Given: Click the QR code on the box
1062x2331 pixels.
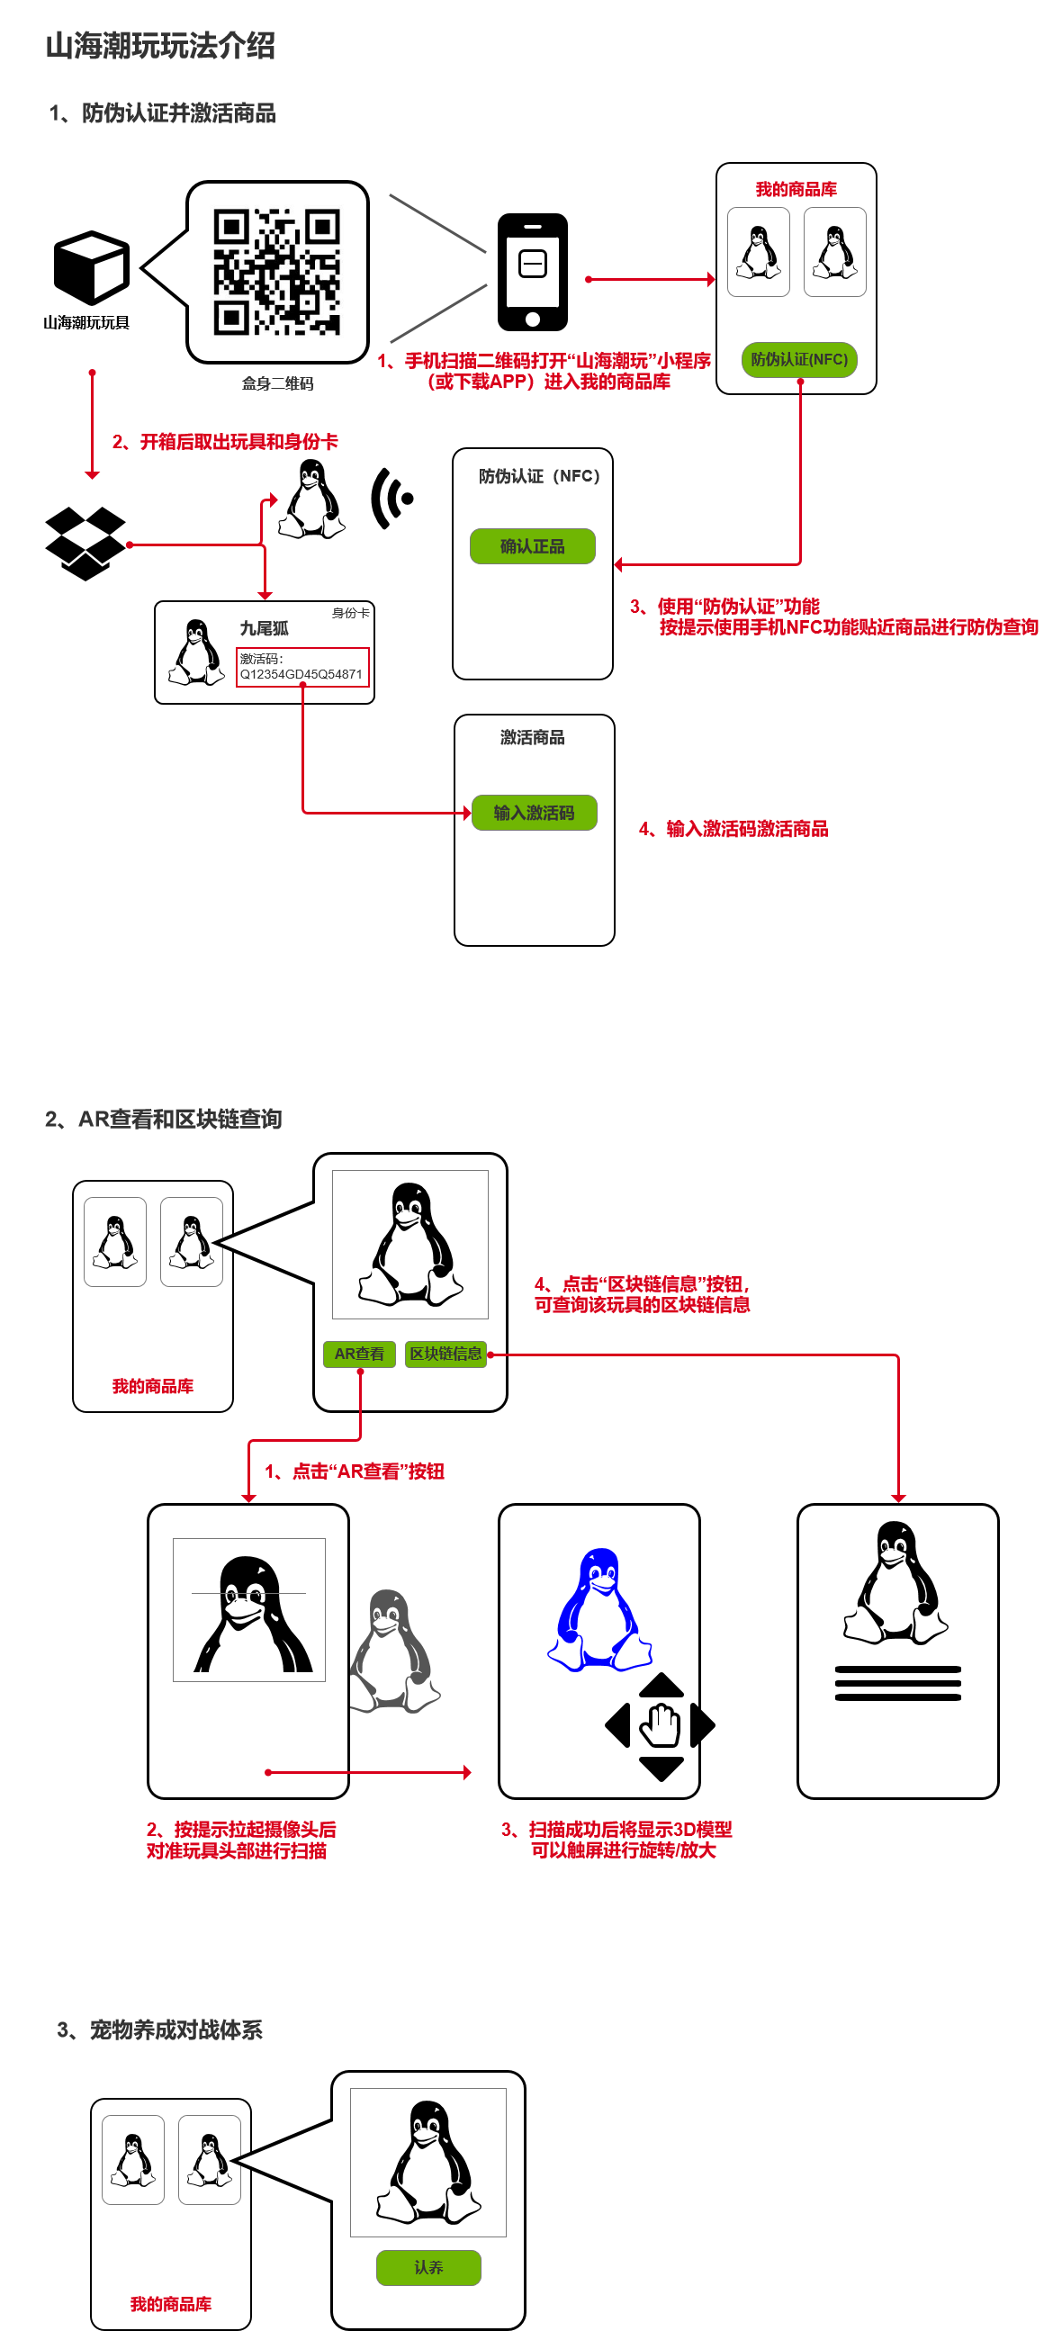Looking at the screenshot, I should (x=277, y=272).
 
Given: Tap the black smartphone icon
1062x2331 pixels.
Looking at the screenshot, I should (x=533, y=272).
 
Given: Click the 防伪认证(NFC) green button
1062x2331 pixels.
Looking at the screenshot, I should (x=799, y=359).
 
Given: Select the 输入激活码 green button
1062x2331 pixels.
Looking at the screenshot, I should (x=534, y=813).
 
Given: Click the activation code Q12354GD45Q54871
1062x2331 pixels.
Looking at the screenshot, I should (x=301, y=674).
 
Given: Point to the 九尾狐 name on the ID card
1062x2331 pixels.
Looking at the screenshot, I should (x=264, y=628).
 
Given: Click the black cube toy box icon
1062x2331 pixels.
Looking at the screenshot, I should (x=92, y=267).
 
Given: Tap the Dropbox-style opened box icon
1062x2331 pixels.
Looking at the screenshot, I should (x=85, y=543).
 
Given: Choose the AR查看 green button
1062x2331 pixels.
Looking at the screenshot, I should (x=359, y=1354).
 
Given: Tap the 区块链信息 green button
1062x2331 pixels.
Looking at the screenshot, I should (x=446, y=1354).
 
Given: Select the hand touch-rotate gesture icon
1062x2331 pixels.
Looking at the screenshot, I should (x=661, y=1725).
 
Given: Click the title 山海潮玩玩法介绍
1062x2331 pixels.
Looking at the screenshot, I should (x=160, y=45).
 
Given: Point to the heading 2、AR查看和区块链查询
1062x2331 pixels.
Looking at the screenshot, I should (x=164, y=1120).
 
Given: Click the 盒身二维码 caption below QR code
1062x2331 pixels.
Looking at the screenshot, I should (x=278, y=383).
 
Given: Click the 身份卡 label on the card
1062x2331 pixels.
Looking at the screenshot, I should (x=350, y=613).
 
